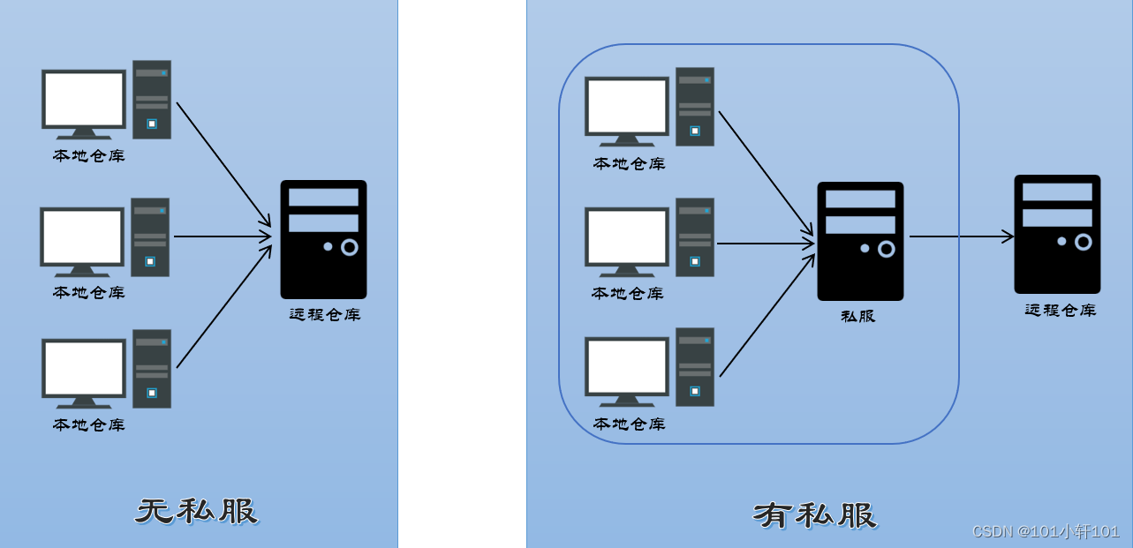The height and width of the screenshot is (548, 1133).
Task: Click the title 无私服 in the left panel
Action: (x=196, y=511)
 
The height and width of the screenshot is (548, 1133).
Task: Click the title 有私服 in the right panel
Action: (x=814, y=514)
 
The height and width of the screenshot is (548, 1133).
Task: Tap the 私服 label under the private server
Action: (x=857, y=316)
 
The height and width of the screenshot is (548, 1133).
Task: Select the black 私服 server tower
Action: (x=860, y=241)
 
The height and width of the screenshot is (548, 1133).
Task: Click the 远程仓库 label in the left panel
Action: (x=325, y=314)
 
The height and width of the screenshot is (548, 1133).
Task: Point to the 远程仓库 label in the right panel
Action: (x=1060, y=310)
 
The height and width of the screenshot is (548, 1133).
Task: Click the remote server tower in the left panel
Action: (x=323, y=239)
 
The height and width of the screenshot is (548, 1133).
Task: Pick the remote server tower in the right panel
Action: (x=1057, y=234)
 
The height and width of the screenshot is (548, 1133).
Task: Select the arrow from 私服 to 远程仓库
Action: (x=961, y=236)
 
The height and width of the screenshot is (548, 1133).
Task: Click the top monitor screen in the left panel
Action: (x=84, y=99)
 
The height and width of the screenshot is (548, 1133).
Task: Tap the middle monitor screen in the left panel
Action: (x=82, y=236)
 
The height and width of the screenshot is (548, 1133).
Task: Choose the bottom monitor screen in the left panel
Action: (x=84, y=368)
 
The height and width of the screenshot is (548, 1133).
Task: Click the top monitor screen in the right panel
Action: (x=627, y=106)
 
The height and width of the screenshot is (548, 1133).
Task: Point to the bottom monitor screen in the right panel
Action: (x=627, y=366)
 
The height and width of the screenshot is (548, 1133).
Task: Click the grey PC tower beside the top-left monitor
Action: (x=152, y=100)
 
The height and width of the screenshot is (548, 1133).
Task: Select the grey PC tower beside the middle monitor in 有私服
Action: (x=695, y=237)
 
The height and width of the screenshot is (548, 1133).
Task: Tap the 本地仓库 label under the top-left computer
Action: (x=88, y=156)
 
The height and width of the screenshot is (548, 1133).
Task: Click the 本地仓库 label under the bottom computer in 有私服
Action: (x=629, y=424)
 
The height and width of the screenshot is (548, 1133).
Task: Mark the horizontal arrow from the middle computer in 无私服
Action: (x=222, y=236)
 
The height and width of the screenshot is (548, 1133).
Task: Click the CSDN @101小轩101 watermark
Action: (x=1045, y=531)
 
